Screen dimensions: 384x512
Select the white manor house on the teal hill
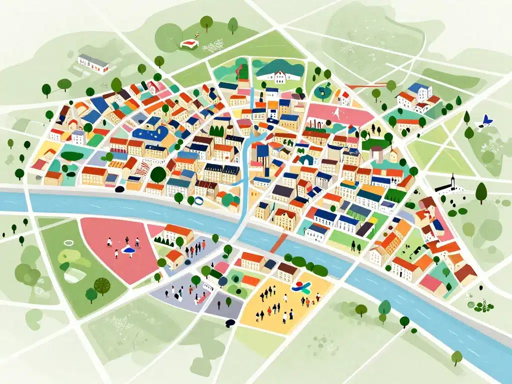tap(279, 76)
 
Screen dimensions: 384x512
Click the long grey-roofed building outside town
tap(93, 63)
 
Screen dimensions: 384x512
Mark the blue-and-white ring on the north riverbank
tap(198, 201)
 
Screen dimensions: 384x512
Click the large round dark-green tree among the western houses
tap(158, 174)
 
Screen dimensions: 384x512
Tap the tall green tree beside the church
tap(481, 192)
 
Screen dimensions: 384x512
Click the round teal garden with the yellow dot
tap(322, 92)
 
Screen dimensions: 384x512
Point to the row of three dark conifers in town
tap(216, 131)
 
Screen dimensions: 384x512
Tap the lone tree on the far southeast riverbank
tap(456, 356)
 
